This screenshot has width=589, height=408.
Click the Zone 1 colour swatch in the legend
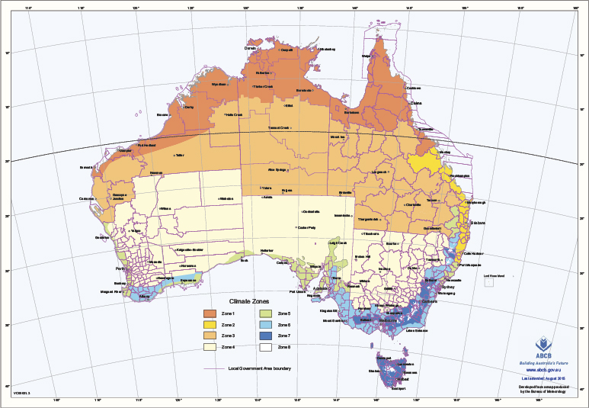click(x=209, y=313)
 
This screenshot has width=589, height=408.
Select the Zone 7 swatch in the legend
click(x=264, y=336)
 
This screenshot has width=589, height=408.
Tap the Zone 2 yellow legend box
click(x=209, y=325)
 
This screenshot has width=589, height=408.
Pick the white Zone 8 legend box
click(x=264, y=346)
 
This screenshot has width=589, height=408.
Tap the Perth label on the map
click(x=120, y=268)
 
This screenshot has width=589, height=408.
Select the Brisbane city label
click(x=478, y=222)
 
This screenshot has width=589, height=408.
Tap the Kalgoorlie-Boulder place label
click(x=190, y=249)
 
